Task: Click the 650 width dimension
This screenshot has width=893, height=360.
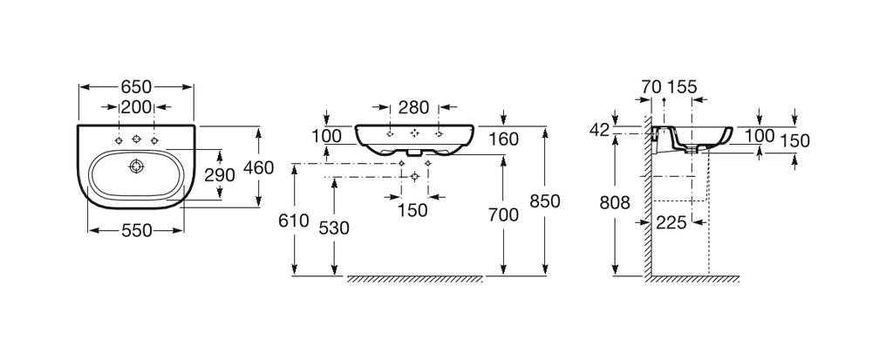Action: (136, 86)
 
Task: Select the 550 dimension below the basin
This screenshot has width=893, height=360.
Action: (136, 230)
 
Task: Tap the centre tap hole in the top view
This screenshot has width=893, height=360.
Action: (136, 139)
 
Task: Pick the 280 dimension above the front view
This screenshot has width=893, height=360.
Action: (413, 108)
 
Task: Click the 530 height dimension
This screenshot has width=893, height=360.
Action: (334, 228)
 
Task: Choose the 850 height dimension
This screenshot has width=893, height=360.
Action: (545, 200)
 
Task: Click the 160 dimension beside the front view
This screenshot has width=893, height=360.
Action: (504, 139)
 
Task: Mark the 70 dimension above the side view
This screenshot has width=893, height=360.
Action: (651, 86)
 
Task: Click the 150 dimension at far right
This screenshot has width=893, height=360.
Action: (795, 140)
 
